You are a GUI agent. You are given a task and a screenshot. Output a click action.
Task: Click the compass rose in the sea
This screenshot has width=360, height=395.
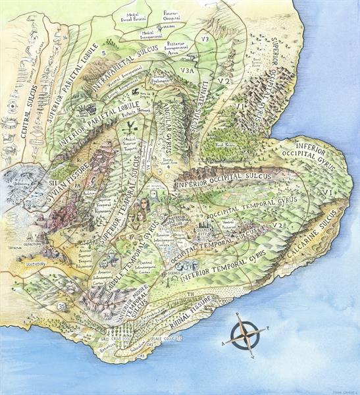[244, 334]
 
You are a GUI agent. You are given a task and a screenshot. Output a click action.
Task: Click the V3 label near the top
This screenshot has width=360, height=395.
[205, 39]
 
